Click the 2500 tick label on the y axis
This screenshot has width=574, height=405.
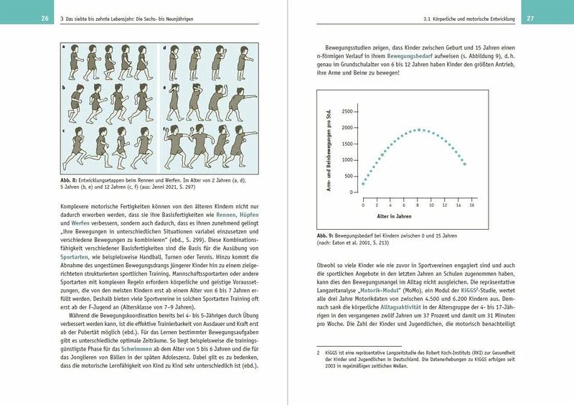pyautogui.click(x=348, y=111)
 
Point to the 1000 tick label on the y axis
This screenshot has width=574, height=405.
pyautogui.click(x=348, y=160)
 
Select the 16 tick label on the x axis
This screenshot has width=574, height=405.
pyautogui.click(x=471, y=205)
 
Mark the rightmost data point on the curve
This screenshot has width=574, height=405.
pyautogui.click(x=465, y=164)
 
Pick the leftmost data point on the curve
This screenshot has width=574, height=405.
pyautogui.click(x=363, y=184)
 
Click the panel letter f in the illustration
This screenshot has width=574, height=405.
pyautogui.click(x=165, y=129)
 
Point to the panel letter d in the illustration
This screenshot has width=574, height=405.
pyautogui.click(x=165, y=47)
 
